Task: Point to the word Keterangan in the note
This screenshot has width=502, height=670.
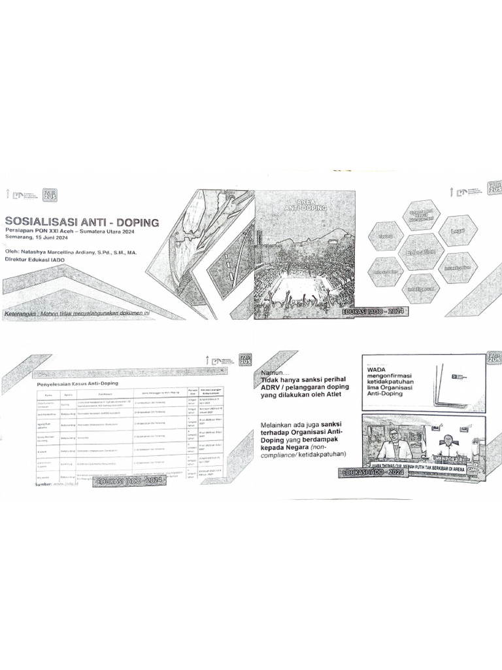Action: pos(20,313)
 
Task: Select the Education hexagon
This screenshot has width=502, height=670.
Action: pos(421,252)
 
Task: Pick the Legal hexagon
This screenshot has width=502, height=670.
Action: pos(458,231)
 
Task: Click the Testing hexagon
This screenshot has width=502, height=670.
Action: pos(386,236)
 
